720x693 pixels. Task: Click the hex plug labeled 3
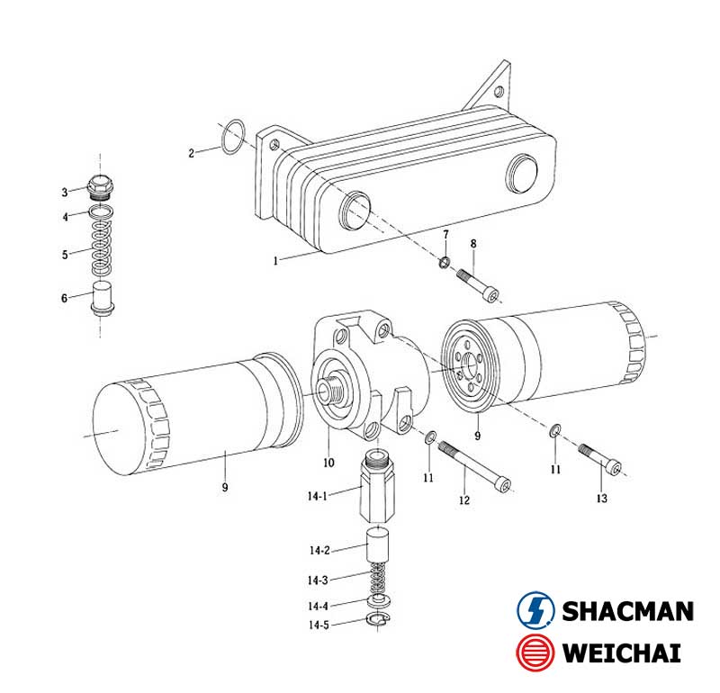(101, 187)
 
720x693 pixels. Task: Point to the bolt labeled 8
(478, 285)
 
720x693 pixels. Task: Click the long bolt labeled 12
(475, 465)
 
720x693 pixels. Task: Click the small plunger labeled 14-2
(377, 544)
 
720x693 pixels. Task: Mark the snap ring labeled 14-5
(377, 619)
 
